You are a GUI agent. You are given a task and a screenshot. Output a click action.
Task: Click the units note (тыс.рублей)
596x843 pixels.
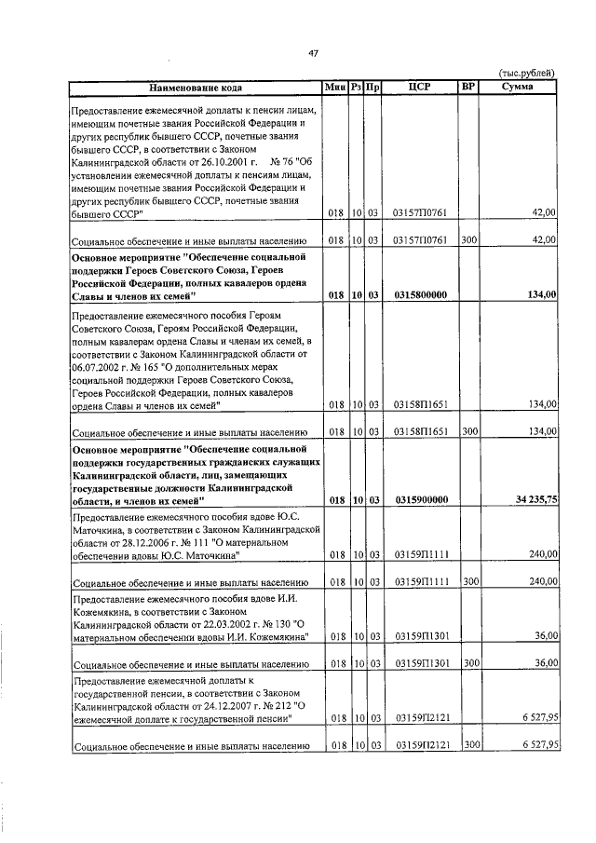(x=527, y=74)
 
